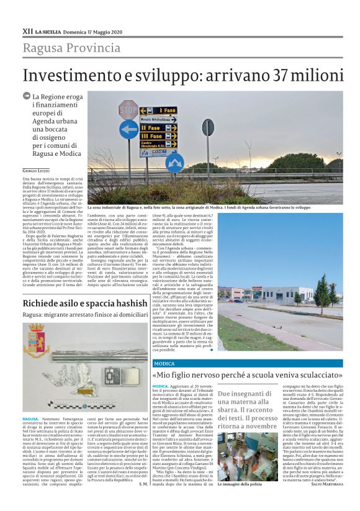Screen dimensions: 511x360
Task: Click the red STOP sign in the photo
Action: click(x=127, y=109)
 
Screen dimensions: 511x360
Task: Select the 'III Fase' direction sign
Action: click(x=158, y=136)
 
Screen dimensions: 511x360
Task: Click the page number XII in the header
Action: click(x=27, y=30)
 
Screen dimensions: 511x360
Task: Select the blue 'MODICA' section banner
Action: click(x=164, y=363)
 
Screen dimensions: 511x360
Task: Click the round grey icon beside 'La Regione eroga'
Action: click(x=27, y=97)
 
